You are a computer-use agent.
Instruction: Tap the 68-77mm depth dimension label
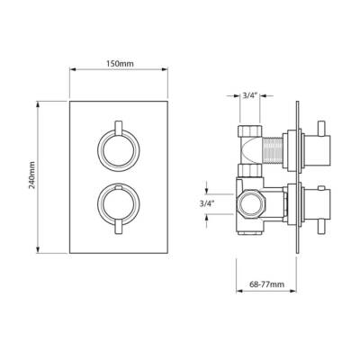click(x=267, y=284)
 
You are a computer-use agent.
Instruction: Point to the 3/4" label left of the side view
click(x=207, y=204)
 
